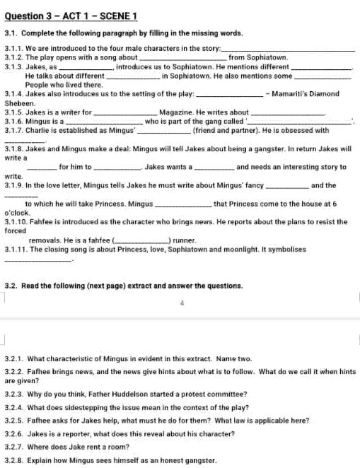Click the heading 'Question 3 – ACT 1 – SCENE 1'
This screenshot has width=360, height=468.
click(x=71, y=16)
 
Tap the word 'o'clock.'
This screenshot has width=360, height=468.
click(x=19, y=212)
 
